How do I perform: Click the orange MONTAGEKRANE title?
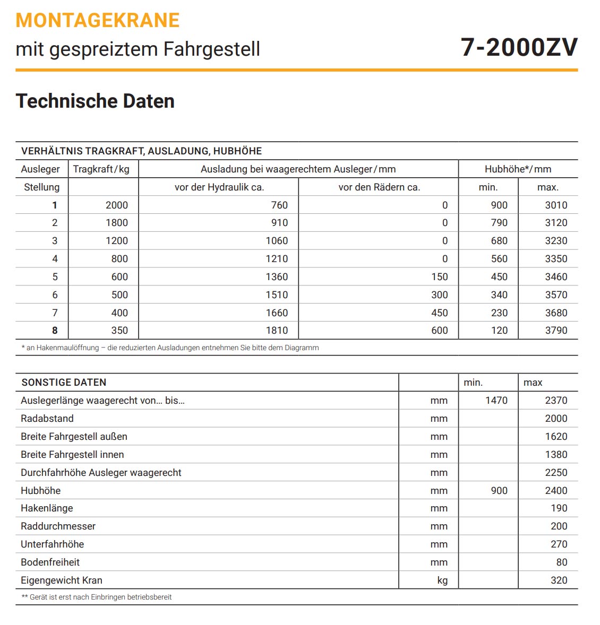[x=98, y=21]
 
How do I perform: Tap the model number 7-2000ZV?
[x=519, y=48]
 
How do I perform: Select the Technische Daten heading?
[x=95, y=101]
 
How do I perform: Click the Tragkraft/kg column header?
[x=101, y=169]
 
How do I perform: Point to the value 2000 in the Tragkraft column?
[x=116, y=205]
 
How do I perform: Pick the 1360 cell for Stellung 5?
[x=277, y=277]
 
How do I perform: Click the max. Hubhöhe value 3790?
[x=556, y=331]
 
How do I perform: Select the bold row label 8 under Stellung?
[x=55, y=331]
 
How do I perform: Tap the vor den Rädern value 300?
[x=439, y=295]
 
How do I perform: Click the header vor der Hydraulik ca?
[x=219, y=187]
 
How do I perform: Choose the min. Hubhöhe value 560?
[x=499, y=259]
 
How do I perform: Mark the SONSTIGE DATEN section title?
[x=64, y=383]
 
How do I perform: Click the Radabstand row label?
[x=47, y=419]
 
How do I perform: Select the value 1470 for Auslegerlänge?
[x=496, y=401]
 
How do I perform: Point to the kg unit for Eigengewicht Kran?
[x=442, y=580]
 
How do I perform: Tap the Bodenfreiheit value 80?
[x=561, y=562]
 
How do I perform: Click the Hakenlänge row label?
[x=47, y=508]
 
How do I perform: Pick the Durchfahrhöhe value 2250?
[x=556, y=473]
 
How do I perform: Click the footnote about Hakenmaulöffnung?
[x=170, y=348]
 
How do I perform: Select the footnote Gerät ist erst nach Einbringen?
[x=97, y=597]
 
